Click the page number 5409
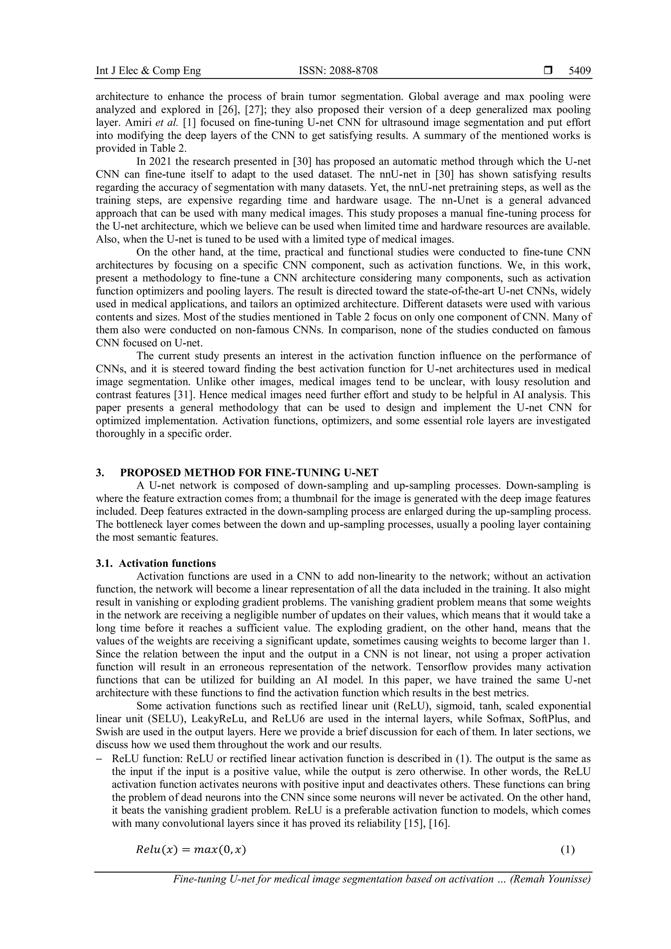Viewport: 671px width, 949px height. (579, 71)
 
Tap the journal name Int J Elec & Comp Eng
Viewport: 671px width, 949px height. (148, 71)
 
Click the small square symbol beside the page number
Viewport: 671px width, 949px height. (548, 71)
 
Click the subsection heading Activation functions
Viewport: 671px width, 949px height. (167, 563)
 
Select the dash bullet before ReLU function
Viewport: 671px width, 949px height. (99, 759)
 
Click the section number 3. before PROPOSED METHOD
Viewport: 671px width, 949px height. (100, 473)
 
